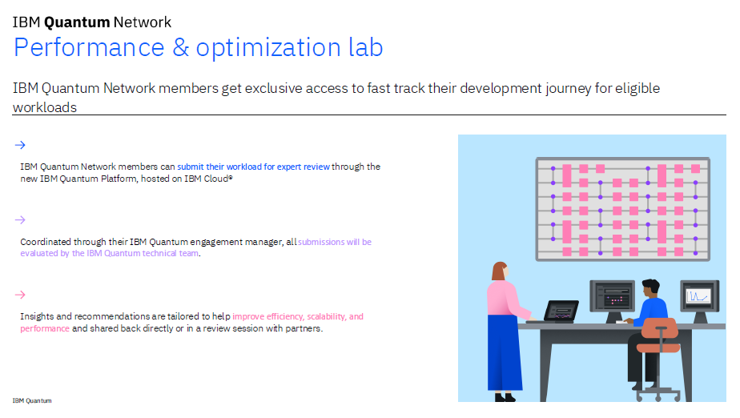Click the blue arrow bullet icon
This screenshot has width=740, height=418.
coord(20,145)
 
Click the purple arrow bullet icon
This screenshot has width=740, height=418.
coord(20,220)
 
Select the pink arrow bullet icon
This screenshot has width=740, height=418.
coord(20,295)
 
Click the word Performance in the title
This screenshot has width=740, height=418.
coord(89,48)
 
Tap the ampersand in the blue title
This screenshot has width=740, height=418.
coord(180,48)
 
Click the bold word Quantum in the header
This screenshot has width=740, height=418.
coord(77,22)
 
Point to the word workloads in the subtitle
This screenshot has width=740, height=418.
coord(45,107)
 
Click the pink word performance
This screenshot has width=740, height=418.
coord(45,328)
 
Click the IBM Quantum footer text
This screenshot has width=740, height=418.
coord(32,400)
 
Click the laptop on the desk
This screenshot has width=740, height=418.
coord(561,311)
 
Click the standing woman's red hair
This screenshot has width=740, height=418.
coord(498,271)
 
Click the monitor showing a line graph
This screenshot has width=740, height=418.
coord(699,296)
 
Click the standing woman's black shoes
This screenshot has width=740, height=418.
coord(504,397)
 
